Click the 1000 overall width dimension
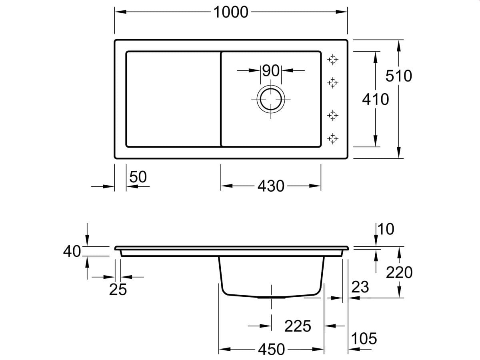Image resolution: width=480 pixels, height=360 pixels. click(231, 12)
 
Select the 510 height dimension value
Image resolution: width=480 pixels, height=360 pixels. click(399, 76)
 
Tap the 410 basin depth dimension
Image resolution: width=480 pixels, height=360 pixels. click(376, 100)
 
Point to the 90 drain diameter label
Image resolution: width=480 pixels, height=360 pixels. click(271, 71)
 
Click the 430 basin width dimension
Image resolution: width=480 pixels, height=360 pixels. click(271, 186)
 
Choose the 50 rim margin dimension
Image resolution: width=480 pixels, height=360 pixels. click(138, 177)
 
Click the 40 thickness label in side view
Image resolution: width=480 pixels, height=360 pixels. click(72, 251)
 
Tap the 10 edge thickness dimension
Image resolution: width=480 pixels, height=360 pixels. click(386, 229)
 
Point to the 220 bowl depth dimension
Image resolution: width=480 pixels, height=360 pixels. click(399, 272)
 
